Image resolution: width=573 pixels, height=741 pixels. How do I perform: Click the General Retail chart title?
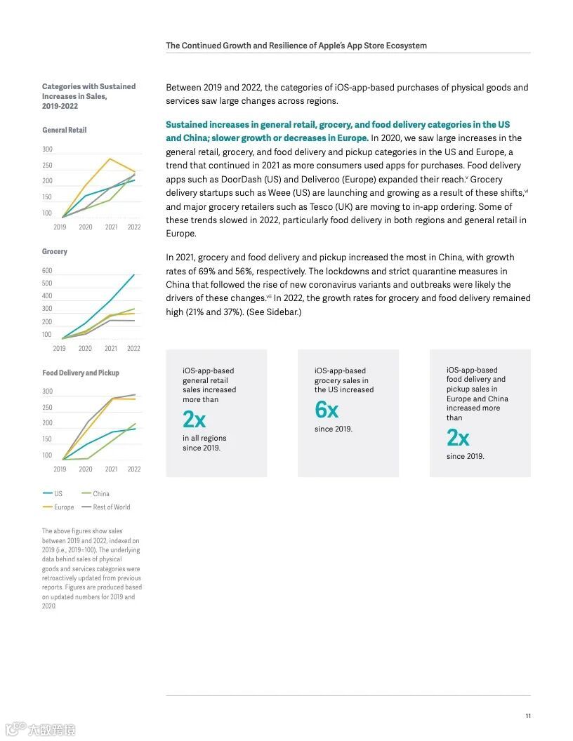click(x=64, y=130)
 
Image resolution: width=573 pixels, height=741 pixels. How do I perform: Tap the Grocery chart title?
click(x=55, y=251)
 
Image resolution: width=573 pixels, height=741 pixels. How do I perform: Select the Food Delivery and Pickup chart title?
click(x=81, y=373)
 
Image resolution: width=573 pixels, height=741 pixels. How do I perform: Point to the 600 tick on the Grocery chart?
click(x=47, y=271)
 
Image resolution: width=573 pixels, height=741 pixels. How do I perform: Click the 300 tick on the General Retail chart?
click(x=47, y=149)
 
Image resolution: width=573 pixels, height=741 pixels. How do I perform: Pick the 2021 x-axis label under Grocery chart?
click(x=111, y=348)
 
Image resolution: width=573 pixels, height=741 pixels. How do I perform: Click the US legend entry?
click(x=58, y=493)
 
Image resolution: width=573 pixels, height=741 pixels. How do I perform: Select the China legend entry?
click(x=101, y=493)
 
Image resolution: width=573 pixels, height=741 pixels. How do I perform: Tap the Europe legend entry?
click(x=64, y=507)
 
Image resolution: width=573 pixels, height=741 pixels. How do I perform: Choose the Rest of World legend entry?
click(x=112, y=507)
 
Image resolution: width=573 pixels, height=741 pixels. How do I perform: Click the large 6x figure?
click(x=327, y=409)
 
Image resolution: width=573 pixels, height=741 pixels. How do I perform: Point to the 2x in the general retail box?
click(x=194, y=420)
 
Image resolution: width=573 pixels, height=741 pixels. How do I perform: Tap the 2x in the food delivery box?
click(x=458, y=438)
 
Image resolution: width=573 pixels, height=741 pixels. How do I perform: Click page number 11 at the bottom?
click(x=528, y=716)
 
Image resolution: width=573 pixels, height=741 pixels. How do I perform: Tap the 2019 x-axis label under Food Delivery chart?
click(x=60, y=469)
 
